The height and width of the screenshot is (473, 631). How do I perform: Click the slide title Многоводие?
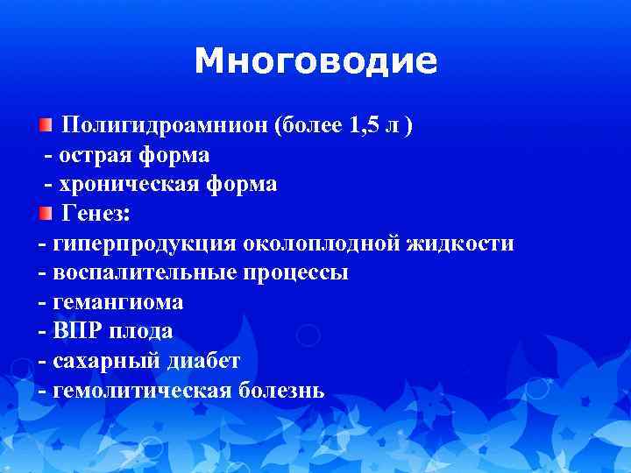(315, 61)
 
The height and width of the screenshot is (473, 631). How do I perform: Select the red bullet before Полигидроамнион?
(45, 126)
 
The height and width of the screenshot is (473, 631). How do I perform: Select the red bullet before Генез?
(45, 213)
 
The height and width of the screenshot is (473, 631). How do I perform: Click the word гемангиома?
(118, 302)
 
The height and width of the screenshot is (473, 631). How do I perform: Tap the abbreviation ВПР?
(76, 331)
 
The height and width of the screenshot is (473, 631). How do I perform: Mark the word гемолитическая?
(140, 390)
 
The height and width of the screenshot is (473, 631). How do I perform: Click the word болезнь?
(280, 390)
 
